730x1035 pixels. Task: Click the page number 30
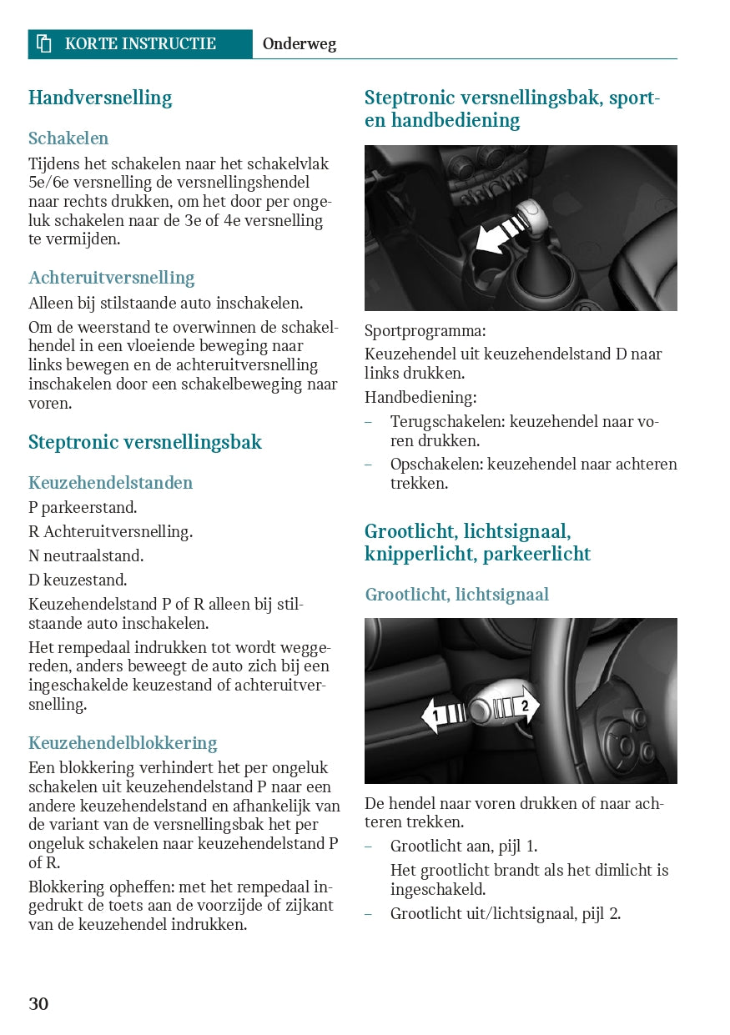tap(38, 1003)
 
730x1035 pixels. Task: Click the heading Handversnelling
tap(100, 98)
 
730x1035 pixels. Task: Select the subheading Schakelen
tap(68, 138)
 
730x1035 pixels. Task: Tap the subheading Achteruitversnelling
tap(111, 278)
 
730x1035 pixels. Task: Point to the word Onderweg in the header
tap(300, 44)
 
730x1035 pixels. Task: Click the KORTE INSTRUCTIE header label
tap(140, 44)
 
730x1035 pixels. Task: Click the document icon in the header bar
tap(44, 44)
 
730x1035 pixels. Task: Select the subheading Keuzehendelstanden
tap(110, 483)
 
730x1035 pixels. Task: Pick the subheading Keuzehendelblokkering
tap(123, 743)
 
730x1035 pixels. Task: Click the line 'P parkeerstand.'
tap(83, 507)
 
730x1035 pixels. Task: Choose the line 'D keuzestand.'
tap(78, 580)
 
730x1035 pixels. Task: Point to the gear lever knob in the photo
tap(530, 219)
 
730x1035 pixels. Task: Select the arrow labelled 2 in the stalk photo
tap(517, 706)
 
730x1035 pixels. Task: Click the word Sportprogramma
tap(425, 331)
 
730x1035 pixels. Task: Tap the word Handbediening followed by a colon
tap(420, 398)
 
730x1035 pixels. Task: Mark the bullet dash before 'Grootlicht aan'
tap(369, 847)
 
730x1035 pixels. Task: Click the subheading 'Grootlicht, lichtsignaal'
tap(456, 595)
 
